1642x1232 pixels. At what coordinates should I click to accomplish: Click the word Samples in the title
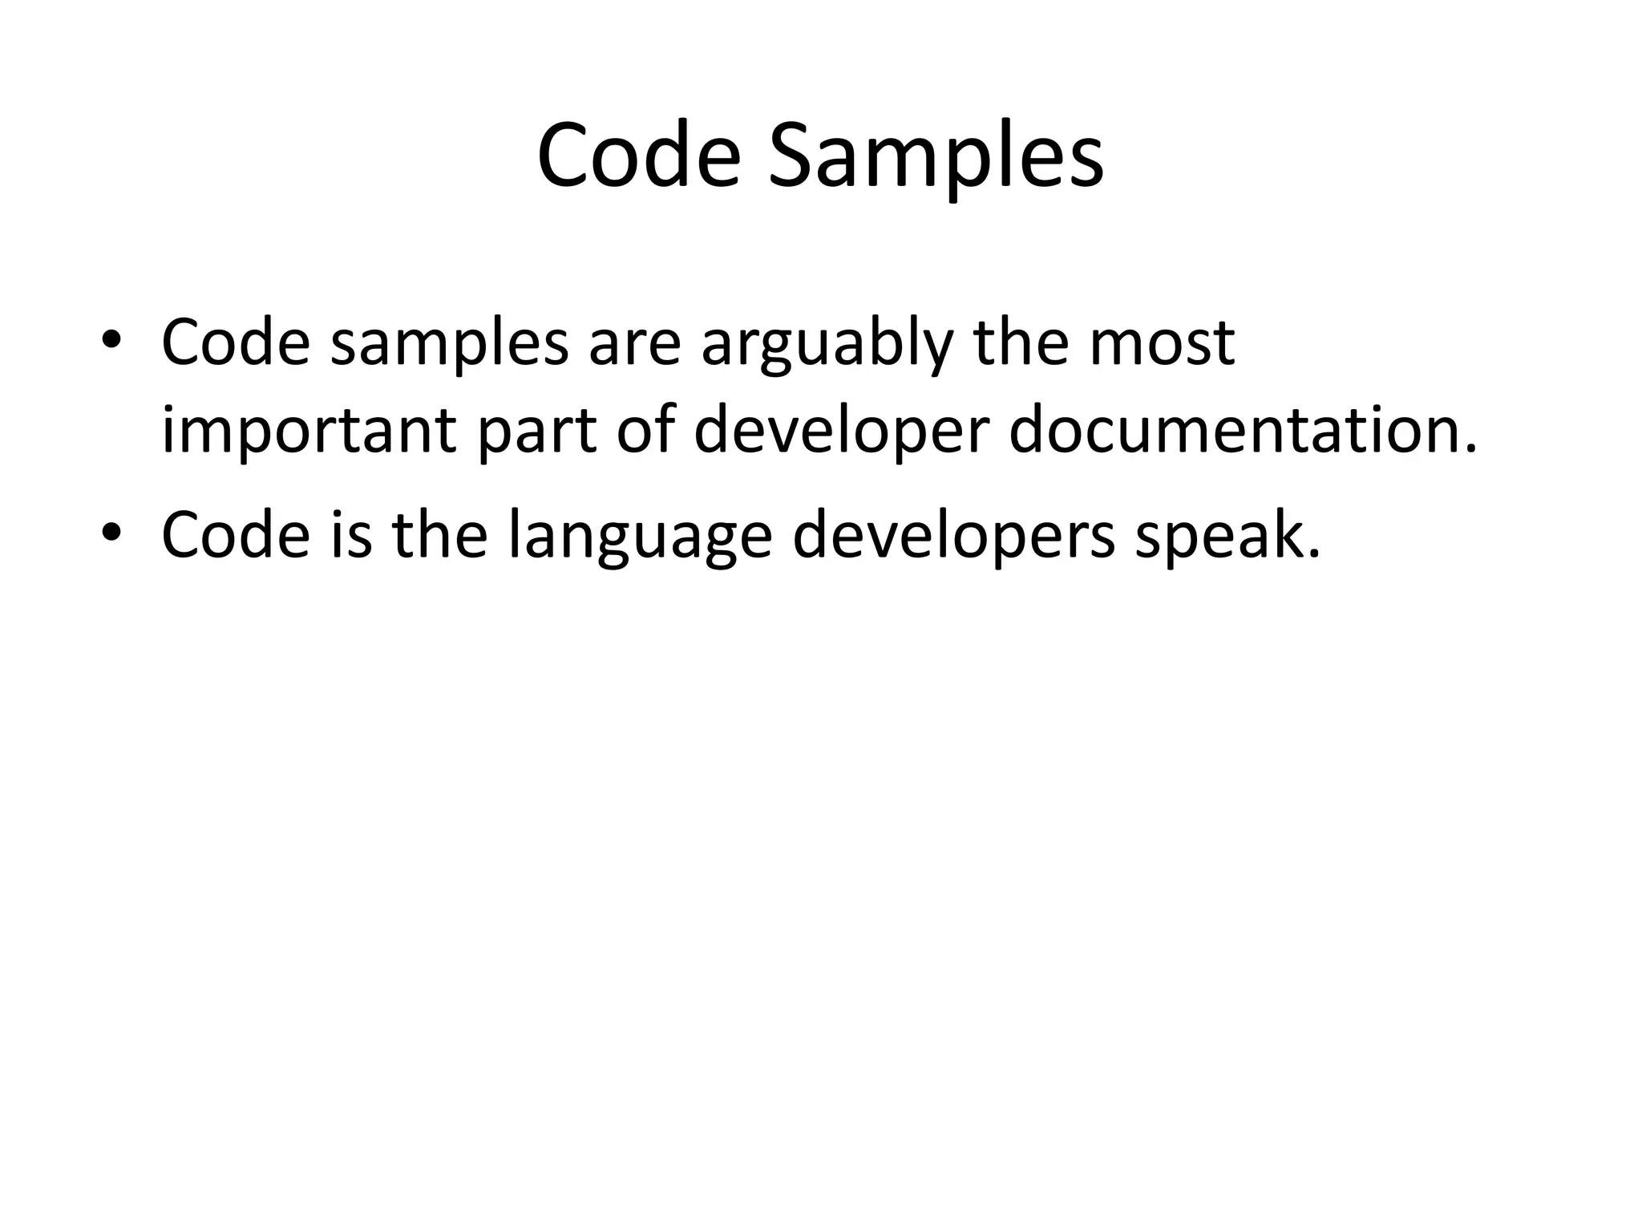tap(936, 156)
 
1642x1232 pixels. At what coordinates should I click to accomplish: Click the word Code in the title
tap(638, 156)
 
